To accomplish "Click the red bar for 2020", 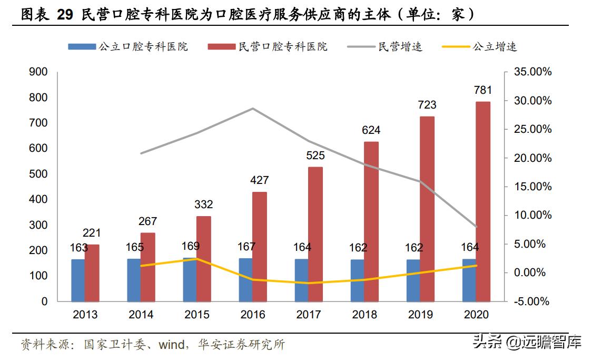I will pos(482,201).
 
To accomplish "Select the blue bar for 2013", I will pos(78,280).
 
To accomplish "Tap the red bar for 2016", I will pos(259,246).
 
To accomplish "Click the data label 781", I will pos(483,91).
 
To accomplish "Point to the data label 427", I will pos(259,180).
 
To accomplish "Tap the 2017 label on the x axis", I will pos(309,315).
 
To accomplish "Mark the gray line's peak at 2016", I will pos(253,109).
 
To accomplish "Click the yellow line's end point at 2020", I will pos(476,266).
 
